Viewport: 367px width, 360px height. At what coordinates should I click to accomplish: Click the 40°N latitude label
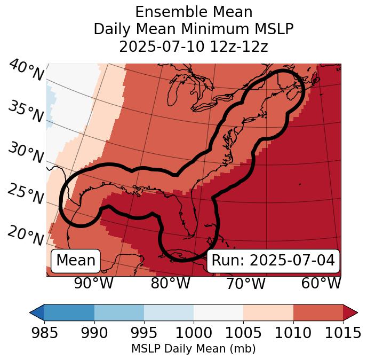tap(26, 71)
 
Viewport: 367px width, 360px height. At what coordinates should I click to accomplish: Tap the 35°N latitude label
tap(25, 112)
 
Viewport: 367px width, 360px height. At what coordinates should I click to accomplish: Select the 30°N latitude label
tap(25, 153)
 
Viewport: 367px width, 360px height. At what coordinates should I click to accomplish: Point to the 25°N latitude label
tap(25, 194)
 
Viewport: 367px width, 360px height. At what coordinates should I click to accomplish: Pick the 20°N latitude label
tap(25, 236)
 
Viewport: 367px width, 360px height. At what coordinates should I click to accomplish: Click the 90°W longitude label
tap(93, 283)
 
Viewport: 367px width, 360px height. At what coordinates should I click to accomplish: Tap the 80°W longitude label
tap(170, 283)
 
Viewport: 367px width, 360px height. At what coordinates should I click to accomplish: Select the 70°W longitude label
tap(245, 283)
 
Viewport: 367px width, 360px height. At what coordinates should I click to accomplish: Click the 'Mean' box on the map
tap(76, 261)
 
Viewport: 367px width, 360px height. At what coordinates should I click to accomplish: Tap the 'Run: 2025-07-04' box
tap(273, 261)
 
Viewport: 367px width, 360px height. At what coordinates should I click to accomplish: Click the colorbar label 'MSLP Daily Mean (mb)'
tap(193, 349)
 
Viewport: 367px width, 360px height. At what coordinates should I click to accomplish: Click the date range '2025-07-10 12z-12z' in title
tap(193, 46)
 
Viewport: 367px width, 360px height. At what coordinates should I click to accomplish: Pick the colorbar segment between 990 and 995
tap(119, 312)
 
